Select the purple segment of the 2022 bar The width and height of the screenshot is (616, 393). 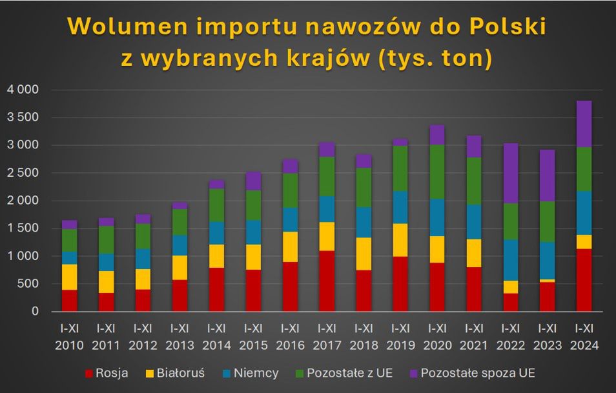tap(512, 173)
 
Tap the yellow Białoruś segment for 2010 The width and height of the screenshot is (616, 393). tap(70, 277)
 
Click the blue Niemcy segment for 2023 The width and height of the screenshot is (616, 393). tap(548, 260)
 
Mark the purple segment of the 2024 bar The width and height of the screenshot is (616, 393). tap(584, 124)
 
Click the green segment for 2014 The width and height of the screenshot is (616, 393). tap(218, 205)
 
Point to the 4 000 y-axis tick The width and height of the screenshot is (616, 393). tap(23, 89)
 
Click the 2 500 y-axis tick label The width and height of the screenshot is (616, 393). tap(23, 173)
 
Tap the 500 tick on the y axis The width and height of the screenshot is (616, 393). tap(28, 284)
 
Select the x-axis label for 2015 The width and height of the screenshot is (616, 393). tap(254, 339)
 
